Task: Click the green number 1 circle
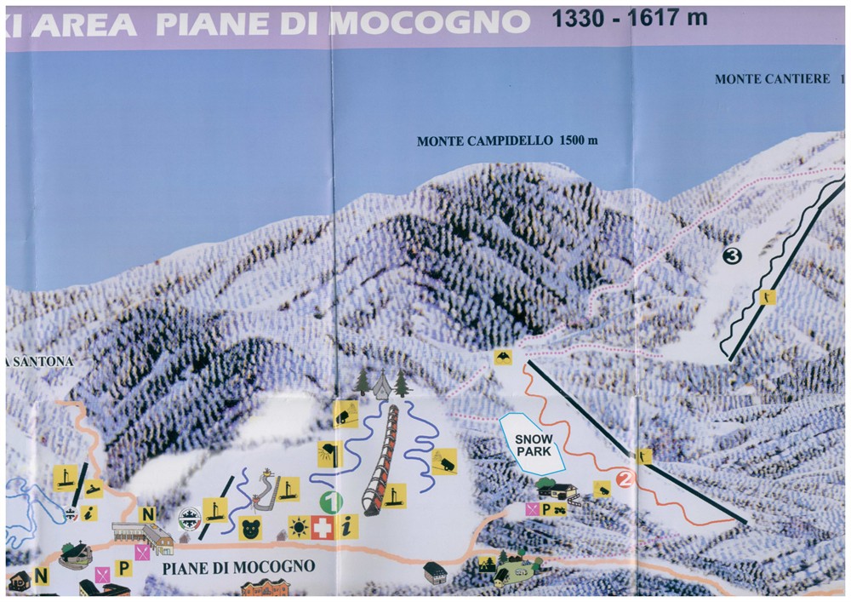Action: (331, 502)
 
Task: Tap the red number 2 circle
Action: (625, 479)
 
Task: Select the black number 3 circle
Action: (733, 254)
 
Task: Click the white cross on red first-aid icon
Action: (323, 527)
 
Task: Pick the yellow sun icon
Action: (299, 527)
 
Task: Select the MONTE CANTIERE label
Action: (773, 79)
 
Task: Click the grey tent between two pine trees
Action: (380, 386)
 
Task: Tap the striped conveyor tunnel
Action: (380, 460)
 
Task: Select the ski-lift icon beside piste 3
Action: (768, 298)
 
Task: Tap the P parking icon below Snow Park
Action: (546, 508)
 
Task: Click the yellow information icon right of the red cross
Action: (346, 527)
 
